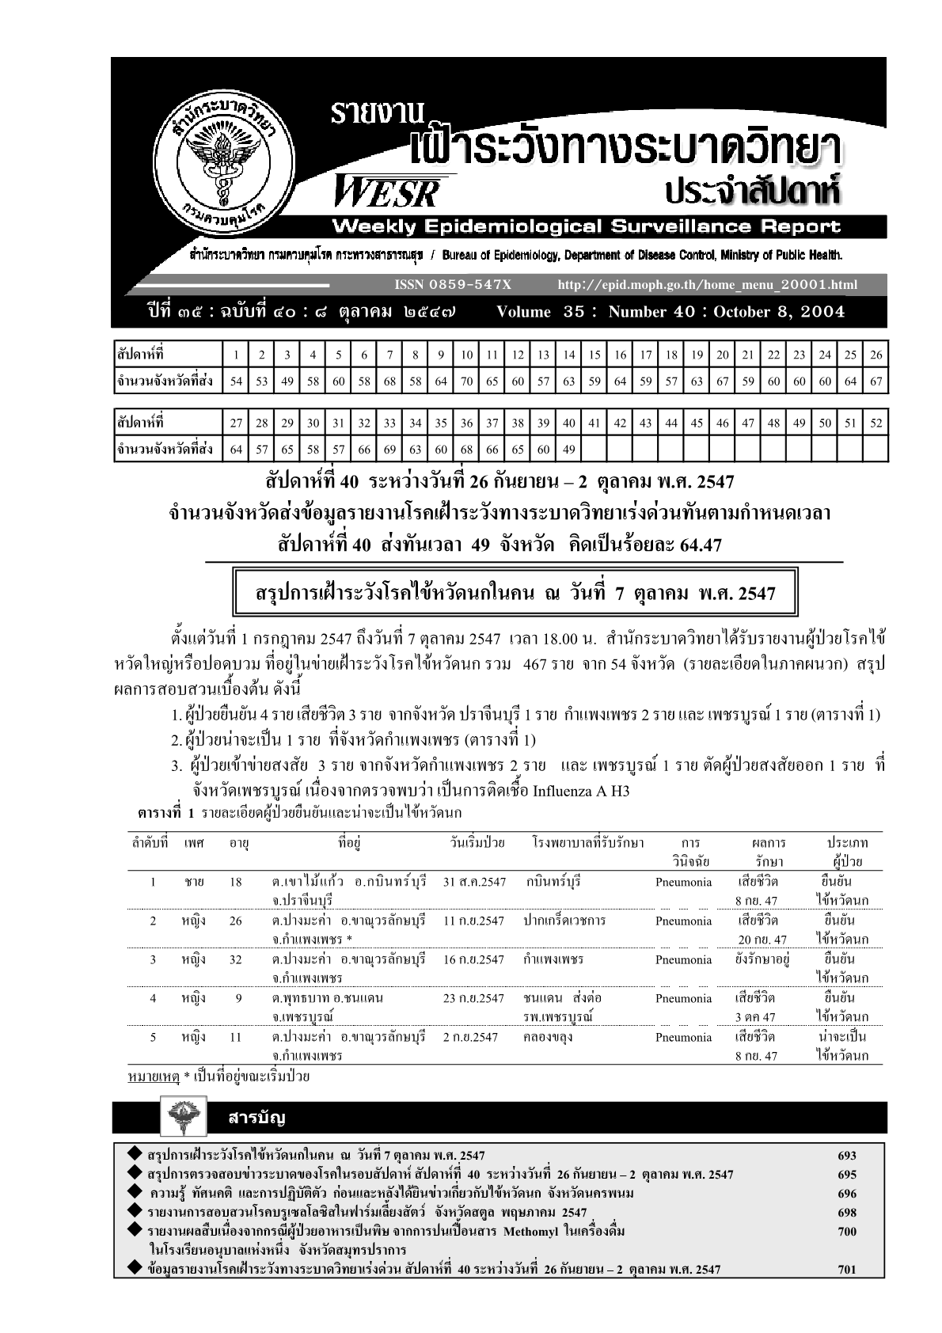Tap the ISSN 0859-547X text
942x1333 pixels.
click(x=452, y=285)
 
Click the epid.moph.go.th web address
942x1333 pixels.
click(x=707, y=285)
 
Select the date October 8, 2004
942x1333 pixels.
click(x=779, y=312)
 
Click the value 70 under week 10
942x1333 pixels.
click(x=466, y=381)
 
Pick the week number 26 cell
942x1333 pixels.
click(x=876, y=355)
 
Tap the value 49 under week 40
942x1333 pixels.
click(x=568, y=450)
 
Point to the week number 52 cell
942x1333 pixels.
click(x=876, y=423)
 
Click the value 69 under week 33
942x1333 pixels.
click(x=389, y=450)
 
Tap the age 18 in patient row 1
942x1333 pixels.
click(x=235, y=882)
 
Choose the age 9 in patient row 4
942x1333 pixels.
click(x=237, y=998)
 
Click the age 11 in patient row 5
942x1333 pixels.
click(x=235, y=1037)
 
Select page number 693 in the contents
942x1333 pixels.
click(x=846, y=1156)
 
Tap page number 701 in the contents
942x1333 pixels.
click(x=846, y=1270)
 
